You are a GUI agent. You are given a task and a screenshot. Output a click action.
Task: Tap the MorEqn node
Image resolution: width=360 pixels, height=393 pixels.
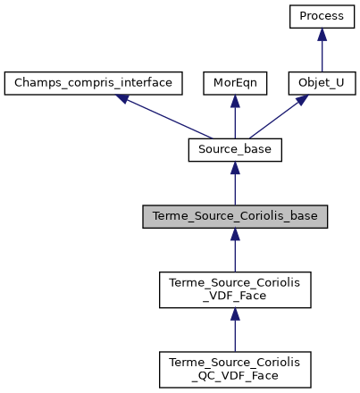(235, 83)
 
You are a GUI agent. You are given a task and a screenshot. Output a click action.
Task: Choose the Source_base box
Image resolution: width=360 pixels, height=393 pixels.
(235, 150)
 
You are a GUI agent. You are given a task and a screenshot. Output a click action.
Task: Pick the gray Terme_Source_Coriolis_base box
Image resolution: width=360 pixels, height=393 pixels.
(235, 217)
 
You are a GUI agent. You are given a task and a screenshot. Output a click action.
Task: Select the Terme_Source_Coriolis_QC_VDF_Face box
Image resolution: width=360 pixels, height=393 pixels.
(235, 368)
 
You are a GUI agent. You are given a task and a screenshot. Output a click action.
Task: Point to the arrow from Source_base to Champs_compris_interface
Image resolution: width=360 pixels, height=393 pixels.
(165, 117)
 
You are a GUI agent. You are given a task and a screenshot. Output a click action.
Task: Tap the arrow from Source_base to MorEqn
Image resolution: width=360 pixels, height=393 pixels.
(235, 119)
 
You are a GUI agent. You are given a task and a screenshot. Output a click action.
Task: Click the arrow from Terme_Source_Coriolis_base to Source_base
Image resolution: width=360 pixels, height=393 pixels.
(235, 186)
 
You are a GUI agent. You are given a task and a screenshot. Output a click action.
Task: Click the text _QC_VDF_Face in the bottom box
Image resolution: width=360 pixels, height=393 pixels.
(235, 375)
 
